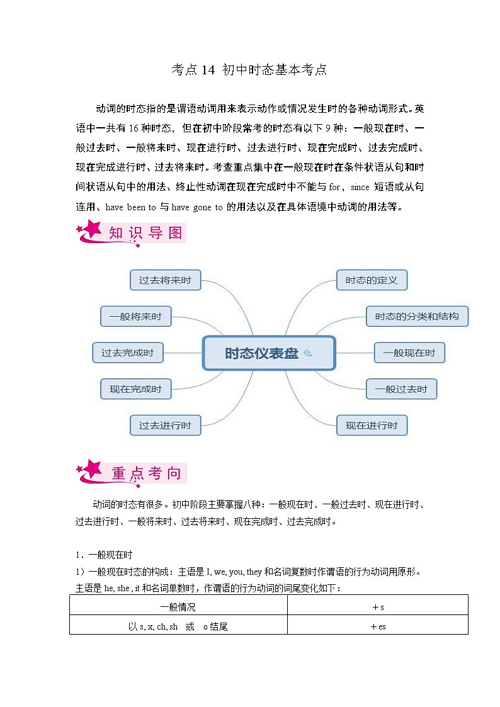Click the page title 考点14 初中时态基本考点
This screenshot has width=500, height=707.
[x=249, y=70]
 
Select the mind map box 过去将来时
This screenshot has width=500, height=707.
[x=165, y=280]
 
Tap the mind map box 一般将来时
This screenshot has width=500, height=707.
[x=135, y=317]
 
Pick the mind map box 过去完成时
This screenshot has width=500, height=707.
[x=127, y=353]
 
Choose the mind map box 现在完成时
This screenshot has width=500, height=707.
[x=135, y=389]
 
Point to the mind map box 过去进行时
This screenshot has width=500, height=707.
[x=165, y=426]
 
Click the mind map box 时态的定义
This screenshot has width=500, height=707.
[x=372, y=280]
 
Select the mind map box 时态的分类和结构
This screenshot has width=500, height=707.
[x=417, y=317]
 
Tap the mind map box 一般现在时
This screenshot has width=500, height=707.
[x=409, y=353]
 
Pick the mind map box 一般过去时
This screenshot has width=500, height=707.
[x=401, y=389]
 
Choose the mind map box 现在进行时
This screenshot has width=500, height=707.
[x=372, y=426]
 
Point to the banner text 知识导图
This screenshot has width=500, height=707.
[x=145, y=233]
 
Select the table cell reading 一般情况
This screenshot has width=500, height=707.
[x=178, y=608]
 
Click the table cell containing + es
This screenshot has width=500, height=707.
[x=378, y=626]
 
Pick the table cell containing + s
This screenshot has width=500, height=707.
[x=378, y=608]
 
